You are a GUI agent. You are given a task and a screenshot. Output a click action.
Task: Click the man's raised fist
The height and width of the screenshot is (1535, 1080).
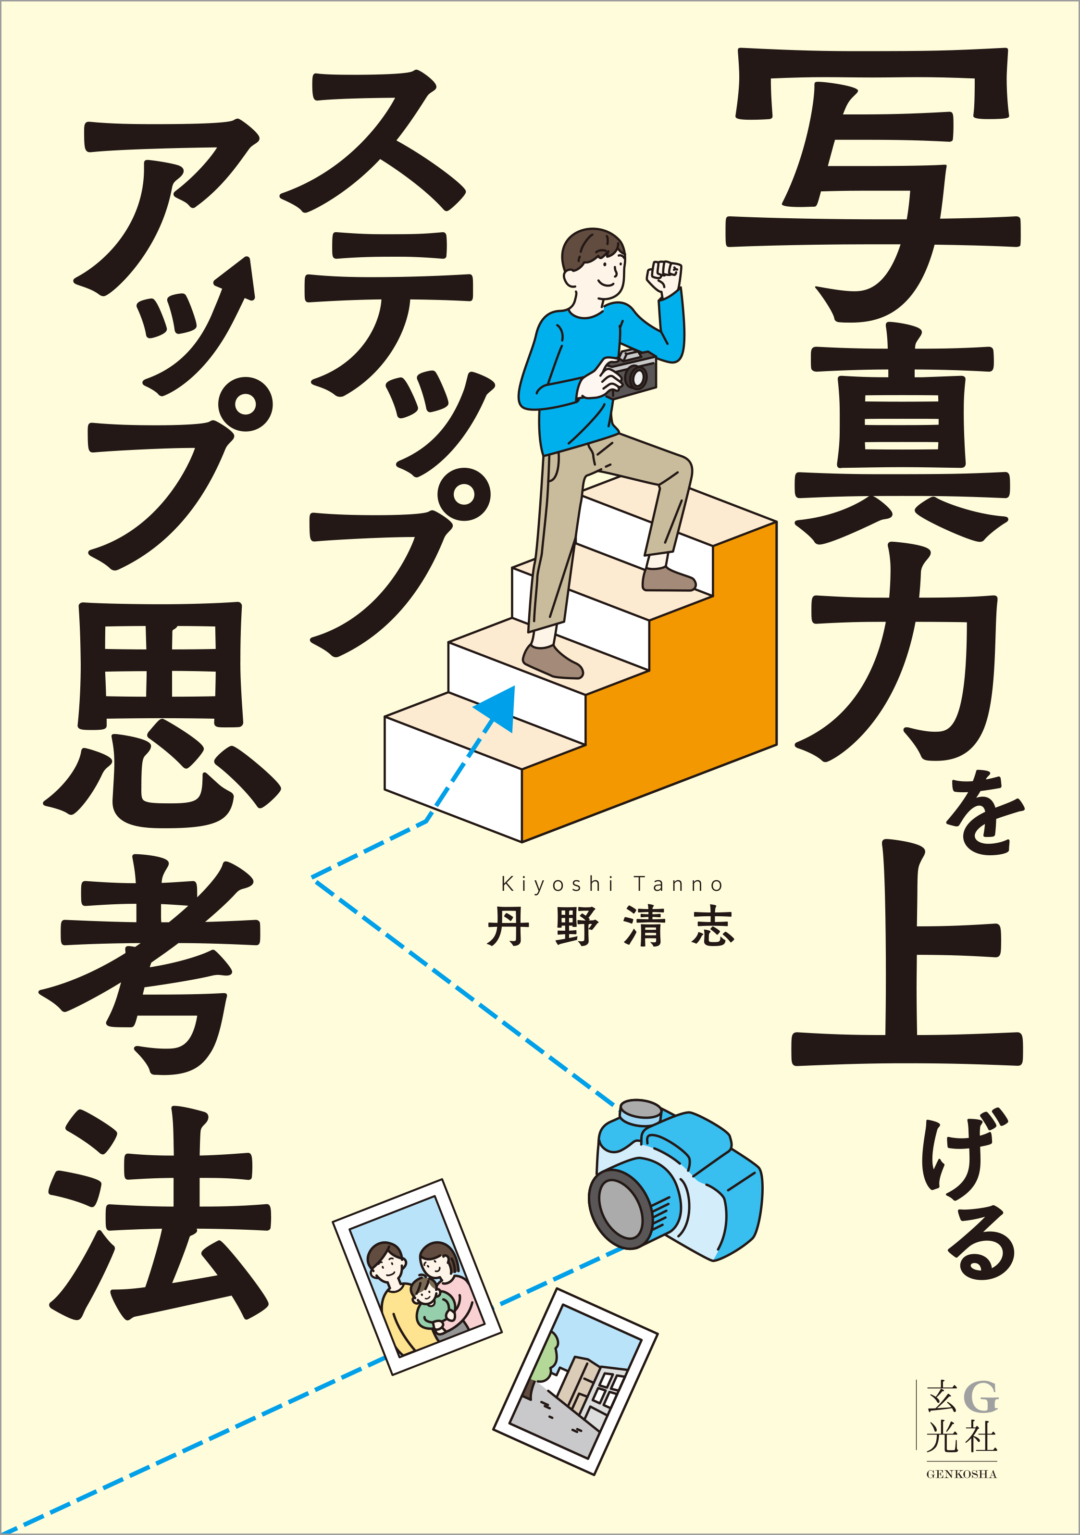[x=664, y=276]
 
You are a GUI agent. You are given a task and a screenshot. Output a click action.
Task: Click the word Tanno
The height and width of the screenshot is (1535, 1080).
[x=678, y=885]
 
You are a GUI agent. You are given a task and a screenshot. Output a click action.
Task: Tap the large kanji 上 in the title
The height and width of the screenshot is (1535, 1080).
[x=906, y=956]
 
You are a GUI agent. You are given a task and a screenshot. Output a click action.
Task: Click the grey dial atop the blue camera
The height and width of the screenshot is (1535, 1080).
[x=640, y=1110]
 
